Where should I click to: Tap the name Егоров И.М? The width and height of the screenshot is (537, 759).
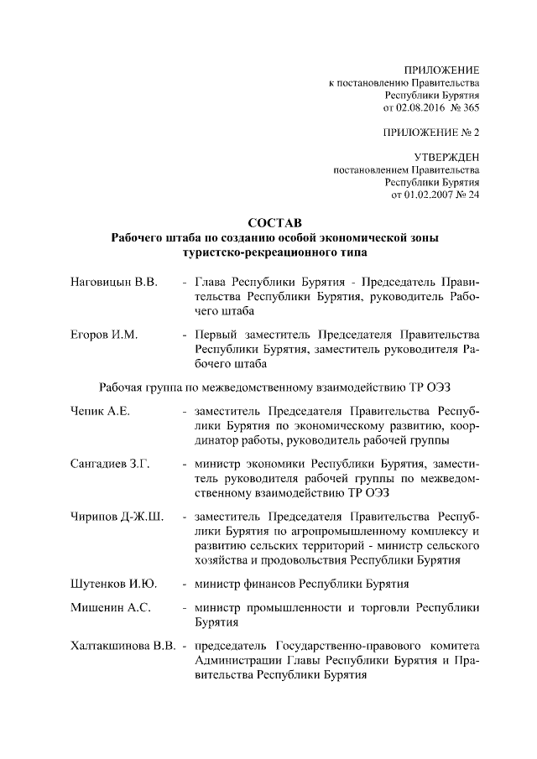click(104, 335)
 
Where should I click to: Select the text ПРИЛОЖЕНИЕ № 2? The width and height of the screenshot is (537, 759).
click(430, 133)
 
